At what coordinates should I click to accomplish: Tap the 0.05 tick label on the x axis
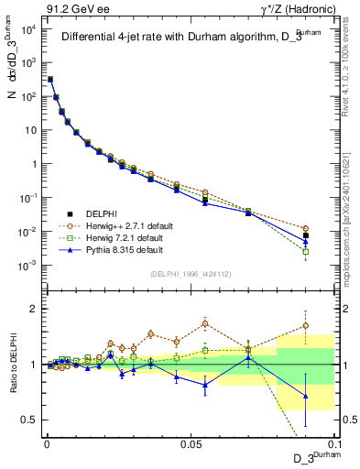pyautogui.click(x=190, y=443)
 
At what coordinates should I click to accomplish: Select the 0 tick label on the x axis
pyautogui.click(x=47, y=443)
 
